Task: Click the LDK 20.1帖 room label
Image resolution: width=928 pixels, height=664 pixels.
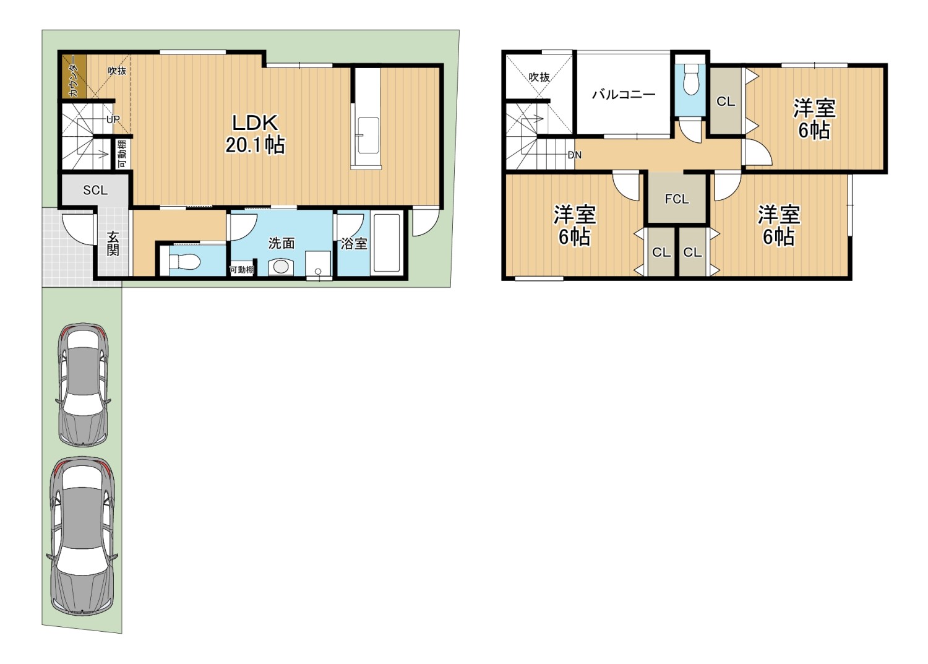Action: pyautogui.click(x=255, y=134)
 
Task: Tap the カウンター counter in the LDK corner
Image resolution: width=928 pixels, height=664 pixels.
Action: pyautogui.click(x=74, y=77)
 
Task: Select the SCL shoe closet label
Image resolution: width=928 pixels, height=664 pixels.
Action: pyautogui.click(x=95, y=190)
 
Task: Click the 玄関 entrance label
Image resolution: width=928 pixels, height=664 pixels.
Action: pyautogui.click(x=113, y=244)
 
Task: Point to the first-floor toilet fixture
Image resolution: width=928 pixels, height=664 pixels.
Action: pyautogui.click(x=184, y=262)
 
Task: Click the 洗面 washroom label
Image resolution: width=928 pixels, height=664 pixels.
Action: pyautogui.click(x=281, y=243)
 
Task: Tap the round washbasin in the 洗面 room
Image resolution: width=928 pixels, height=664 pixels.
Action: pyautogui.click(x=280, y=267)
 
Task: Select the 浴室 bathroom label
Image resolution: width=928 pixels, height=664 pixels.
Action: pyautogui.click(x=354, y=244)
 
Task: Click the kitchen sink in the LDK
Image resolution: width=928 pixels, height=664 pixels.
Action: pyautogui.click(x=368, y=135)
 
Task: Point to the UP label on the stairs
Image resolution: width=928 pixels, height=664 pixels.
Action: pyautogui.click(x=113, y=119)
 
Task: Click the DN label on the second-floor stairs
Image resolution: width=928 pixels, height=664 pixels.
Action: pyautogui.click(x=575, y=155)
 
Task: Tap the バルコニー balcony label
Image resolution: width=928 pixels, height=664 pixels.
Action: pyautogui.click(x=624, y=95)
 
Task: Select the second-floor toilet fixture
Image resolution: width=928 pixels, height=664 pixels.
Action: pyautogui.click(x=690, y=81)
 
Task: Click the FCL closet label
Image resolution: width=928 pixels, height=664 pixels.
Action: pyautogui.click(x=677, y=199)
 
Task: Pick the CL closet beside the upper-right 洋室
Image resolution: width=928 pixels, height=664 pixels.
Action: pyautogui.click(x=726, y=101)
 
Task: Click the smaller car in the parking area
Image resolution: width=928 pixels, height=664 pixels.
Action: pyautogui.click(x=83, y=384)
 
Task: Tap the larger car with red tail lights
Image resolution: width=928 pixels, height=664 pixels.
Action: pyautogui.click(x=82, y=536)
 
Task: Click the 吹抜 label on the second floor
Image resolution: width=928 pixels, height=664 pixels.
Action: pyautogui.click(x=539, y=77)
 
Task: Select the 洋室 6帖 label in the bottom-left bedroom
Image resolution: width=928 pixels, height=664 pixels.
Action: pyautogui.click(x=574, y=226)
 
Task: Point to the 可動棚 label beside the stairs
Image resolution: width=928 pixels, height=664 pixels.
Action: pyautogui.click(x=122, y=154)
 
